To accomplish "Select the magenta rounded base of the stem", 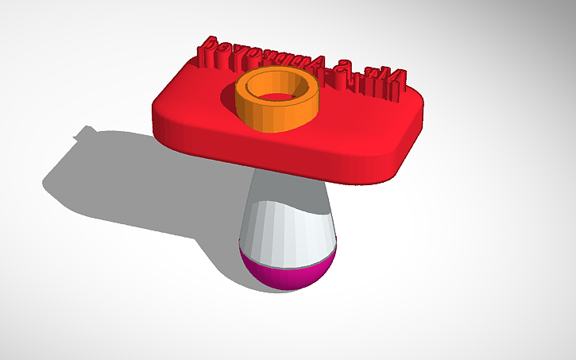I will click(288, 274).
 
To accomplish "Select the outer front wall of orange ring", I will click(278, 117).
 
